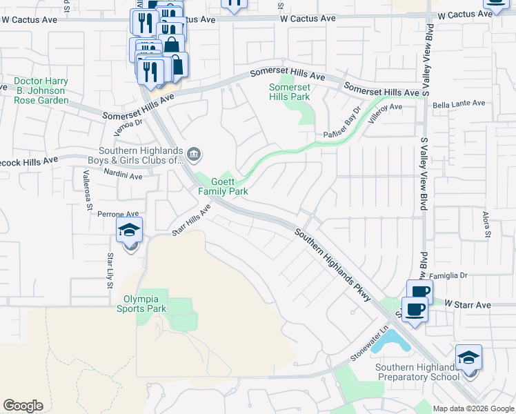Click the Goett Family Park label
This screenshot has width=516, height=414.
(x=224, y=186)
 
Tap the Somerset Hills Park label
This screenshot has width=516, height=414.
(x=290, y=92)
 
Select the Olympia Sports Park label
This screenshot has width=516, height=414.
(x=145, y=304)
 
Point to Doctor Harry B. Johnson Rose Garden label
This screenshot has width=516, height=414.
(x=41, y=90)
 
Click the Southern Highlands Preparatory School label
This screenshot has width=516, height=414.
(x=417, y=372)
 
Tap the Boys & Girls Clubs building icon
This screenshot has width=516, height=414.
(x=195, y=153)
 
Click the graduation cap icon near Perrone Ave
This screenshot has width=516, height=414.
(x=129, y=231)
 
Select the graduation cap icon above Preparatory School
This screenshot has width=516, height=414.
(x=468, y=358)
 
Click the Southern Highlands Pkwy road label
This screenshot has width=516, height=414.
(x=333, y=265)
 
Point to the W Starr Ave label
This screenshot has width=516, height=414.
(x=467, y=304)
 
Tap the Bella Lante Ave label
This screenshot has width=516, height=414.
(x=459, y=103)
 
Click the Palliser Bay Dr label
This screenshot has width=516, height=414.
(x=343, y=123)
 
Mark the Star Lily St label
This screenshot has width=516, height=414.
(x=109, y=270)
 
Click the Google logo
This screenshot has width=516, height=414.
(x=23, y=406)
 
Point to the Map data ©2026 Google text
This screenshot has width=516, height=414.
(x=473, y=408)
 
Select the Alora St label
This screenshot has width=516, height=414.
(x=486, y=225)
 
